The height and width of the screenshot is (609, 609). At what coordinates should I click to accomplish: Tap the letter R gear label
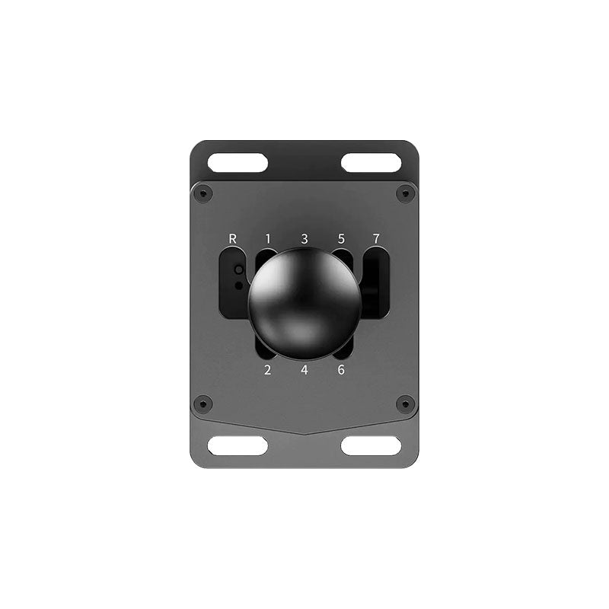click(233, 238)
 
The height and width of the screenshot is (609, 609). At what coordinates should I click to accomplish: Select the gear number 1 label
click(268, 238)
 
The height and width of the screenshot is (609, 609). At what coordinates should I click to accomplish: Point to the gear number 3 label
click(304, 238)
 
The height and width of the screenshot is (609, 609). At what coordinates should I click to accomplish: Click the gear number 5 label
click(341, 238)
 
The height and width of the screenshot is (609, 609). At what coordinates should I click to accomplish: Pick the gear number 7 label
click(375, 238)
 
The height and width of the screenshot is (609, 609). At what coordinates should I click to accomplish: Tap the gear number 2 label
click(267, 371)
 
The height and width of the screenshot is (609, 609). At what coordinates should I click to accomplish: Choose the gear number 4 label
click(304, 371)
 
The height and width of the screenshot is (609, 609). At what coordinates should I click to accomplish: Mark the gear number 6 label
click(341, 371)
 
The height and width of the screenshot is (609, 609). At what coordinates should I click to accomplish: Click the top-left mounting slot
click(238, 162)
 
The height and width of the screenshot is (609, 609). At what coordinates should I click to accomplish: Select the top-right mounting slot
click(371, 162)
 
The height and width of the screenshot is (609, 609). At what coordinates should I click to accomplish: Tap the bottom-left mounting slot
click(238, 446)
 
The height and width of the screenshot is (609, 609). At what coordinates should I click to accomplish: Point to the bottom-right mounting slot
click(371, 446)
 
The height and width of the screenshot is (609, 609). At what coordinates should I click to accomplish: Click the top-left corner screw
click(202, 193)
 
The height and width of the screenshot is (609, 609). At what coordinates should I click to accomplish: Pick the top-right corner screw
click(406, 193)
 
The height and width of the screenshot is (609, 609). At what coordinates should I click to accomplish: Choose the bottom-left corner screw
click(202, 403)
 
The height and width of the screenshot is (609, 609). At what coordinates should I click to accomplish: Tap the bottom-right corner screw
click(406, 403)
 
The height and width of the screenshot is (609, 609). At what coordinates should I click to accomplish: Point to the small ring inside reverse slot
click(239, 270)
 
